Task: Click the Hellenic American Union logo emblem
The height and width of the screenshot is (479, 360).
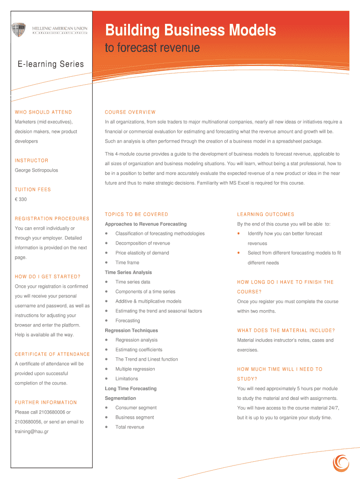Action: (19, 30)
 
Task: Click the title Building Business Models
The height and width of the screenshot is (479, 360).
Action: (190, 31)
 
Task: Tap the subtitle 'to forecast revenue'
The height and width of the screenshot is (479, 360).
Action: (153, 48)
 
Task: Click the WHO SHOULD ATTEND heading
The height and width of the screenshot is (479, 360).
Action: (43, 112)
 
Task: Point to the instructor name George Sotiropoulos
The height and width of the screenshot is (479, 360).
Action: (36, 170)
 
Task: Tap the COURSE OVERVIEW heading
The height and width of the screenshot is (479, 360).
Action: (130, 112)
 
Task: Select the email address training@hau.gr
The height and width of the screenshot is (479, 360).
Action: (32, 432)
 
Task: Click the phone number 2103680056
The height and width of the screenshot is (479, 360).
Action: (29, 422)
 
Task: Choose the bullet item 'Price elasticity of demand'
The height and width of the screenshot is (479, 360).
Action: (142, 253)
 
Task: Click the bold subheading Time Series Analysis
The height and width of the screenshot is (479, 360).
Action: (128, 272)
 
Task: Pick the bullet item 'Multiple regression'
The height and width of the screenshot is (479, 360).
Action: (135, 369)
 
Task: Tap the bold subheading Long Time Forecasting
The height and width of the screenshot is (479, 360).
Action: (131, 389)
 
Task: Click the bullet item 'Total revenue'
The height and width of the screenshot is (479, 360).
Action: (130, 427)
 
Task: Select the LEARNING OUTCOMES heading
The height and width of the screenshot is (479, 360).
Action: (266, 215)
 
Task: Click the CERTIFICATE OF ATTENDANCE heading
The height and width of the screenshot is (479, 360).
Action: (52, 355)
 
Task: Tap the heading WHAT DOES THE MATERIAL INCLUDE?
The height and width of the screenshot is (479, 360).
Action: (286, 331)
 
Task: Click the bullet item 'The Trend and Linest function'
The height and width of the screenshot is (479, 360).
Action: (146, 359)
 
